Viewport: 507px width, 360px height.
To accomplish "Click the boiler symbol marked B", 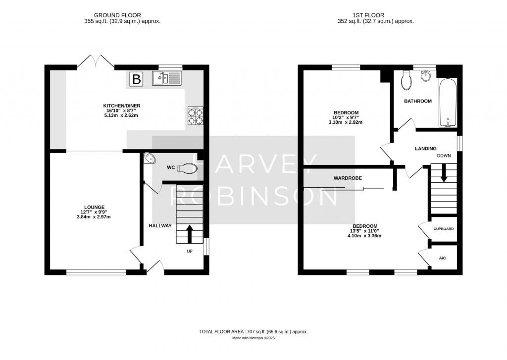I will tap(136, 78).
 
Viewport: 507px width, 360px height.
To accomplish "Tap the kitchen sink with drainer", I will tap(167, 78).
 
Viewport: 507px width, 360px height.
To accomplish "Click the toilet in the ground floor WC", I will tap(187, 168).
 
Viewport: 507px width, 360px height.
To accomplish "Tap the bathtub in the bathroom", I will tap(447, 102).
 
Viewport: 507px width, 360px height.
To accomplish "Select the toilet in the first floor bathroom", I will tap(407, 80).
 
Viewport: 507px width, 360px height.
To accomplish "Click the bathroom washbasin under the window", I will tap(425, 76).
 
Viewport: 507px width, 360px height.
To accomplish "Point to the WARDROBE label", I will tap(347, 178).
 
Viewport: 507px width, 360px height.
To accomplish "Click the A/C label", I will tap(442, 258).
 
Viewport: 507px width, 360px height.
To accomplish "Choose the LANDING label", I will tap(425, 148).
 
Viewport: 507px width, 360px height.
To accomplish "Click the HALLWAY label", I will tap(160, 226).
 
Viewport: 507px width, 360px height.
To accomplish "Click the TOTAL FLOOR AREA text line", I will tap(256, 331).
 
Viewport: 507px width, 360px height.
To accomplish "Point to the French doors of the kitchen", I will tap(96, 61).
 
